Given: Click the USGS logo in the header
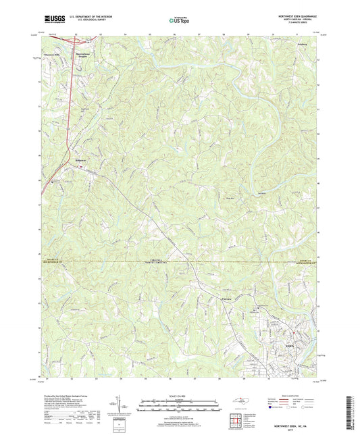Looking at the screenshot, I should pos(53,20).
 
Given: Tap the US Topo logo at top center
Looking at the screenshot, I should pos(177,21).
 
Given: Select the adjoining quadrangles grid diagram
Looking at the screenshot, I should pos(234,421).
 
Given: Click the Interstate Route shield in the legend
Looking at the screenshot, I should pos(274,407).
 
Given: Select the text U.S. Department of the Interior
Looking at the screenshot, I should pos(93,16).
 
